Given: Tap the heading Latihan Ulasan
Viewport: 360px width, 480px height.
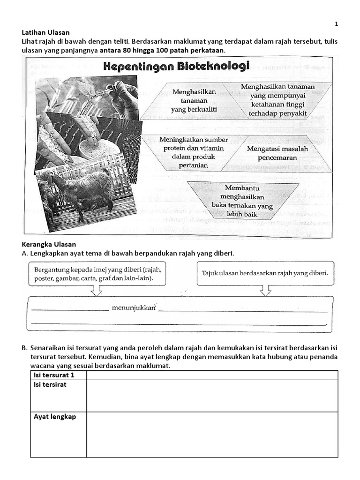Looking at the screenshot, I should click(46, 32).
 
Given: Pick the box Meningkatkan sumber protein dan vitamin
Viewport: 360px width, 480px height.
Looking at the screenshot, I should click(194, 152).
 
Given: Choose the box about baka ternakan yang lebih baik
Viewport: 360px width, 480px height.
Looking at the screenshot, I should click(242, 201).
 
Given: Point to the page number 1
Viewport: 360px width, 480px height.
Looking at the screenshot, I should click(336, 23).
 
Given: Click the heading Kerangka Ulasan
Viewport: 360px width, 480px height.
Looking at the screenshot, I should click(48, 244).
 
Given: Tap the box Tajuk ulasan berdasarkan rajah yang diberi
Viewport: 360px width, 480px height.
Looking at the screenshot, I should click(265, 272).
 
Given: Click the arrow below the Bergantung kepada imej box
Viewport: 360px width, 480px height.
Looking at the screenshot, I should click(97, 290).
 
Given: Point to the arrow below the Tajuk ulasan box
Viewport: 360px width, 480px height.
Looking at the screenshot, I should click(265, 290).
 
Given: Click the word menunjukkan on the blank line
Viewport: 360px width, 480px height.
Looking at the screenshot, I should click(133, 308).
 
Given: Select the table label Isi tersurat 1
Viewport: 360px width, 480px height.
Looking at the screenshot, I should click(54, 375).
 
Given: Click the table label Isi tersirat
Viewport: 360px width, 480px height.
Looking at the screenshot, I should click(50, 384).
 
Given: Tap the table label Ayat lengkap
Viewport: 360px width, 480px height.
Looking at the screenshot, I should click(52, 417).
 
